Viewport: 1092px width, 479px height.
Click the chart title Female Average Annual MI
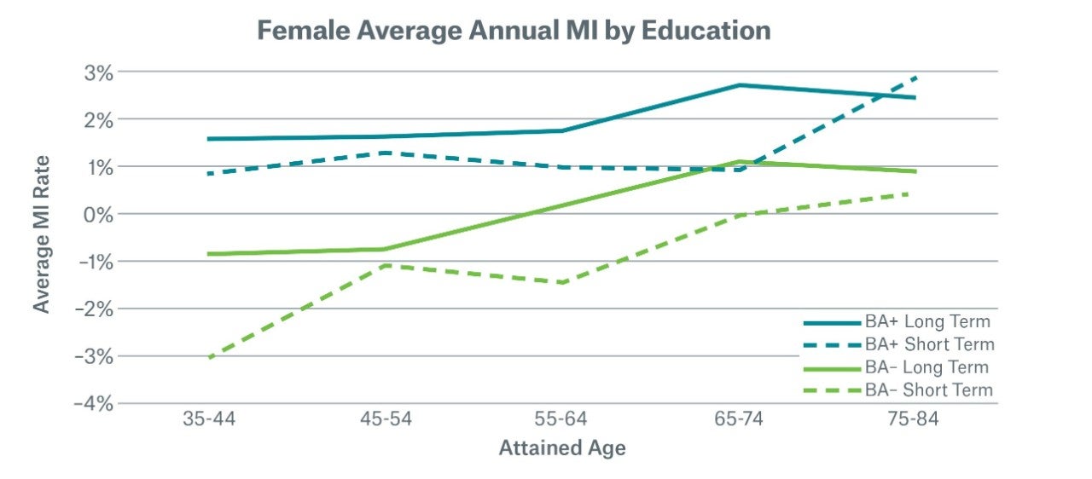tap(514, 32)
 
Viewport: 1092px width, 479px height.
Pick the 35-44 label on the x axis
tap(209, 422)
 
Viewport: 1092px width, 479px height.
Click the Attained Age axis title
tap(562, 448)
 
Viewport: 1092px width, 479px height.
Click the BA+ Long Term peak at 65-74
tap(740, 85)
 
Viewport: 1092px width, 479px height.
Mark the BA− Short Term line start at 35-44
tap(209, 357)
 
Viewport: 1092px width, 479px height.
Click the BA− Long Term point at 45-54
tap(386, 249)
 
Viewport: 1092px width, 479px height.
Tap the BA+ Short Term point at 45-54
tap(386, 153)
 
